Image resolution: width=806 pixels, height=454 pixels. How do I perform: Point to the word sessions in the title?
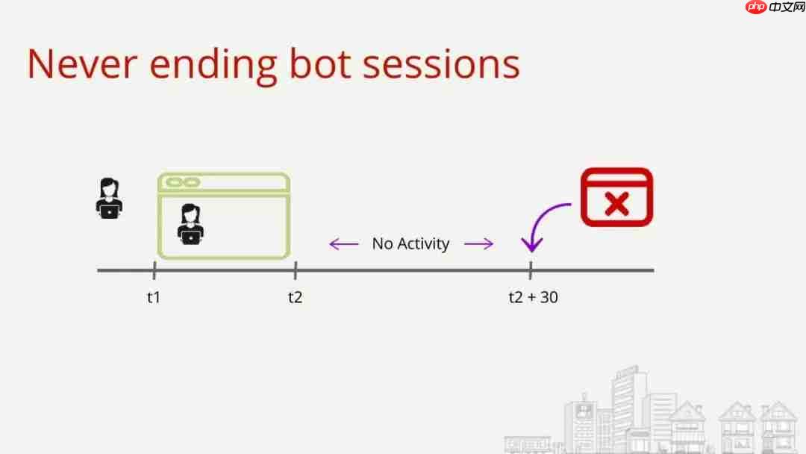click(x=441, y=64)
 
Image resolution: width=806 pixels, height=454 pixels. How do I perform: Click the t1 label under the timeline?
click(x=153, y=297)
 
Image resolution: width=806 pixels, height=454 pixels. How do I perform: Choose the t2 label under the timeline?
click(x=295, y=297)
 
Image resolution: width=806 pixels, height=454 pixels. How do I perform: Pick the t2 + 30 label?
click(x=533, y=297)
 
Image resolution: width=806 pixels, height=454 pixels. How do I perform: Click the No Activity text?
click(x=410, y=243)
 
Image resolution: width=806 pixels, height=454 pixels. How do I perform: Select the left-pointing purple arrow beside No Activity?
click(x=344, y=243)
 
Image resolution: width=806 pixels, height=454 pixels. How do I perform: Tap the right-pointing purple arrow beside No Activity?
click(x=478, y=243)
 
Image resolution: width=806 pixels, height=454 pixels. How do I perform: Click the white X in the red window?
click(x=616, y=202)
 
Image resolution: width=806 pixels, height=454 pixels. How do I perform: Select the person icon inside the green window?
click(x=191, y=224)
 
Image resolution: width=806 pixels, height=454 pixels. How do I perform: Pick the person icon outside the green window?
click(x=109, y=198)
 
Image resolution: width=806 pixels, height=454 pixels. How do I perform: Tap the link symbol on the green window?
click(x=183, y=182)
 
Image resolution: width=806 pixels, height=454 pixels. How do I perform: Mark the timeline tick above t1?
click(x=154, y=270)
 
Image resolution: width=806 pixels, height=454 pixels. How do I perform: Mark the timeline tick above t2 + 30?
click(x=531, y=270)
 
